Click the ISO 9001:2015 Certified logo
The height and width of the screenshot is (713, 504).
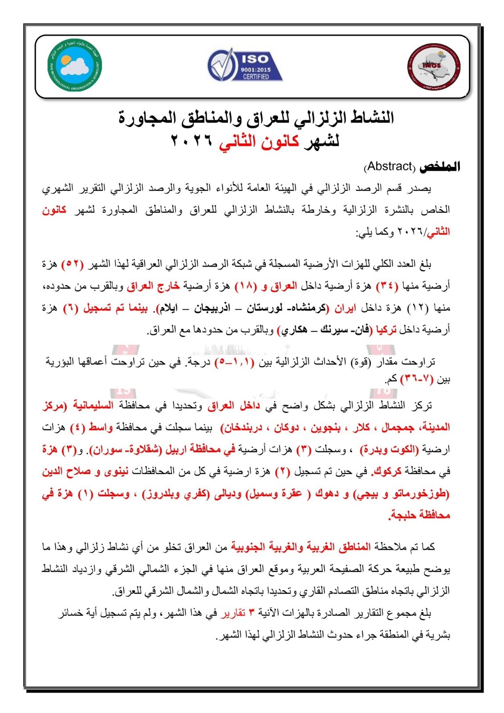tap(245, 66)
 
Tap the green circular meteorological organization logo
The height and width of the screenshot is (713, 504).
tap(75, 66)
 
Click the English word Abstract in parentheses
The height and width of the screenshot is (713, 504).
tap(389, 167)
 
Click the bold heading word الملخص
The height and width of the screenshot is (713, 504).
tap(440, 167)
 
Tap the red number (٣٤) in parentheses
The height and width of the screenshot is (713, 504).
tap(388, 286)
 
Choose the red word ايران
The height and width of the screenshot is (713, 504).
tap(345, 308)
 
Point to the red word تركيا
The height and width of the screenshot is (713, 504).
tap(386, 330)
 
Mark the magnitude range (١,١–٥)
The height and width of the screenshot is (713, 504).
tap(234, 362)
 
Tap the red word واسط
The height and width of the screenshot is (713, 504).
tap(100, 427)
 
